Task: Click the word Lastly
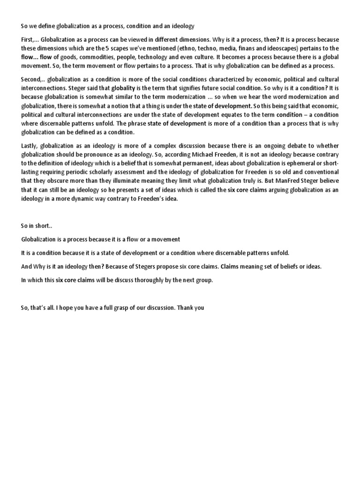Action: [30, 146]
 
